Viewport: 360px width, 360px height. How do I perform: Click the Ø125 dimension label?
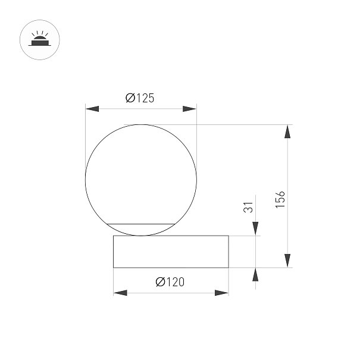coord(140,98)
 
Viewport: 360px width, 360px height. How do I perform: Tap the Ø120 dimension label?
coord(170,282)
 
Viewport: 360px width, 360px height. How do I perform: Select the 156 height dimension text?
coord(280,200)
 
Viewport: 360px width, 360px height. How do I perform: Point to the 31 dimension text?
coord(248,207)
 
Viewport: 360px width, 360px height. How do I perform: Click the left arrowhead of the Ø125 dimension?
coord(92,109)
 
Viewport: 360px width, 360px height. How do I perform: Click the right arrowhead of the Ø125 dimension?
coord(190,109)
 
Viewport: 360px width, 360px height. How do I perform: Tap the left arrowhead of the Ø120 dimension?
coord(120,293)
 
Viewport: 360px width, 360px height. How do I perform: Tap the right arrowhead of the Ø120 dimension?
coord(221,293)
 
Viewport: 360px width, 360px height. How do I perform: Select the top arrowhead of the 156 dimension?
coord(287,132)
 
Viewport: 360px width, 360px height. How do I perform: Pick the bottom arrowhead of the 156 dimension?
coord(287,261)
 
